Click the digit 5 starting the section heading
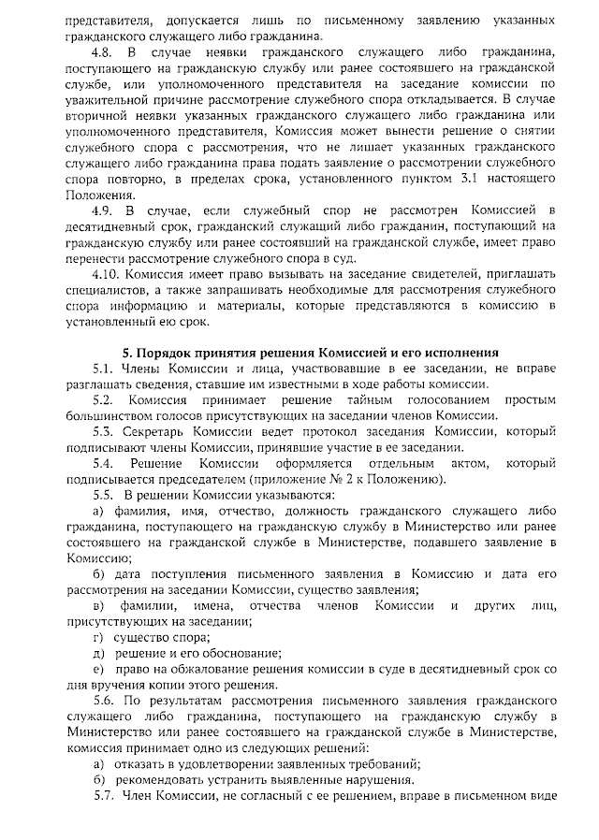tap(128, 352)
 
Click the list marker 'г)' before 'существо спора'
tap(98, 637)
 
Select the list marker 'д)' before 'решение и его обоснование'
tap(98, 654)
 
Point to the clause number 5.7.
tap(103, 796)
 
